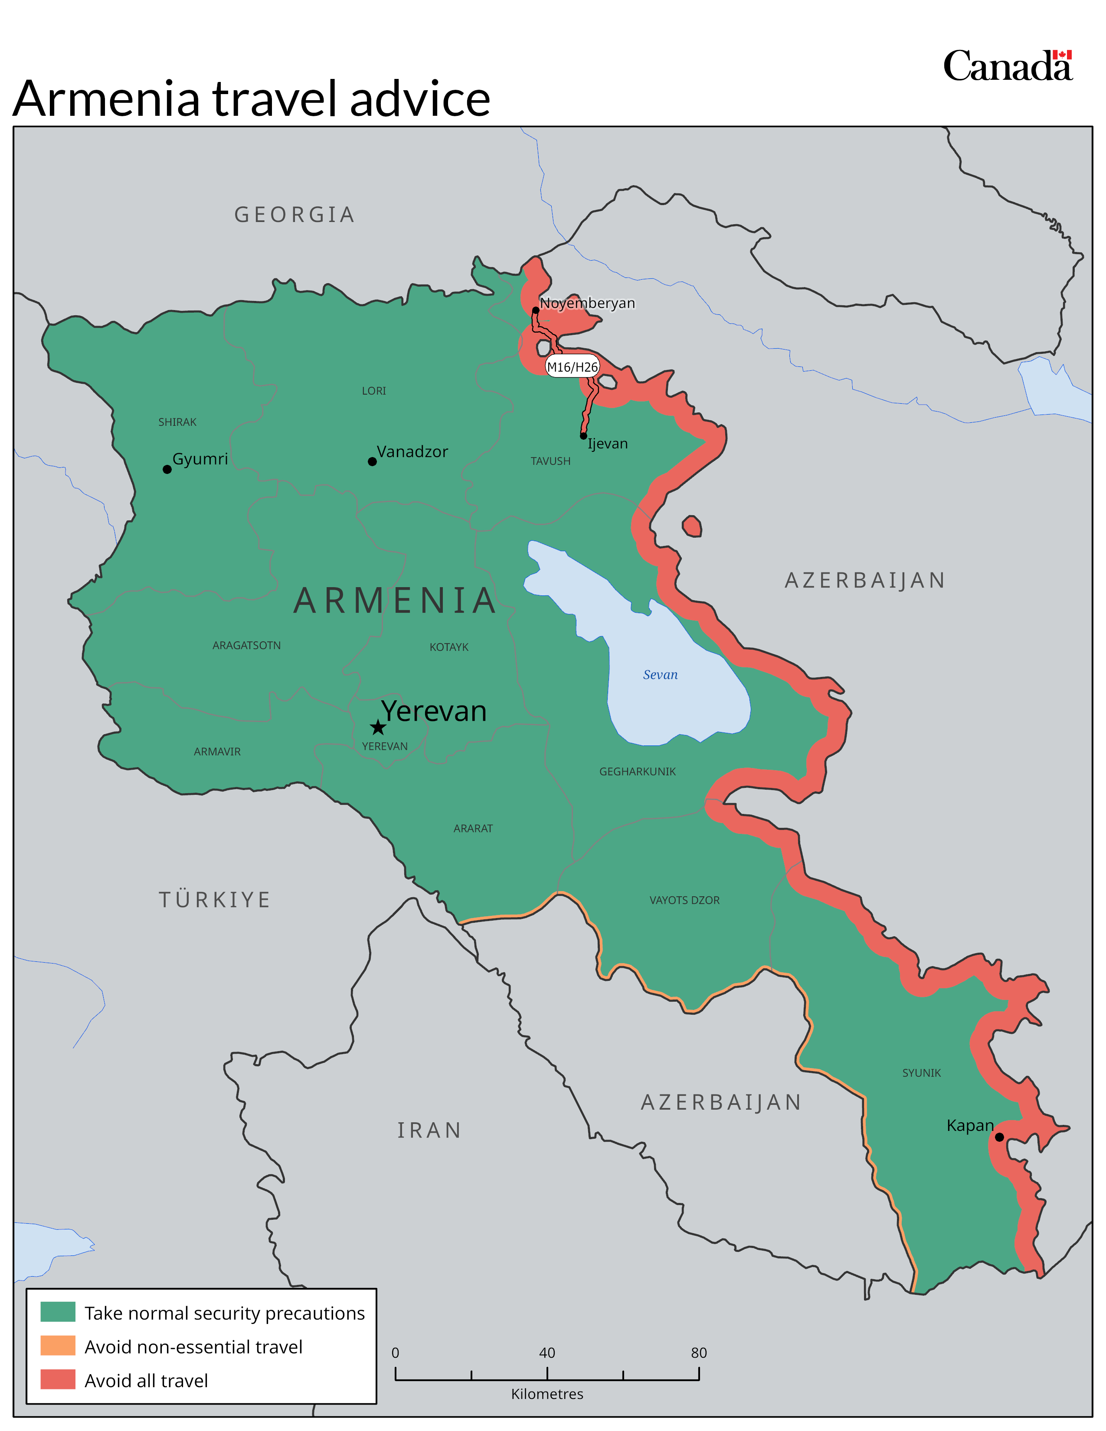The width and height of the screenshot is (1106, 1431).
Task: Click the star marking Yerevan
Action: [378, 727]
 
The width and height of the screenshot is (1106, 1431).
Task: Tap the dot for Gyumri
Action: [167, 469]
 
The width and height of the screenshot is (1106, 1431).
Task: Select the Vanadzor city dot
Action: [372, 461]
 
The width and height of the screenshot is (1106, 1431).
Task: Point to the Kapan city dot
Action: [999, 1137]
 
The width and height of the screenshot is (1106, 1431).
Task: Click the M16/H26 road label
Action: [573, 367]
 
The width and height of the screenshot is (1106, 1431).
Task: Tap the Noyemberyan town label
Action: [587, 303]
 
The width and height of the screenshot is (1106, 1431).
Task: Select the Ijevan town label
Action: [607, 444]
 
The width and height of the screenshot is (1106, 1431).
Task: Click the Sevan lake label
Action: [660, 675]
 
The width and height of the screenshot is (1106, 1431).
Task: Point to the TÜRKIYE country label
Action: [215, 900]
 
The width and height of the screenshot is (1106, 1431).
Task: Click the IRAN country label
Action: [429, 1130]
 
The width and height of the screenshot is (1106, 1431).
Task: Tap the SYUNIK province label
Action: [921, 1072]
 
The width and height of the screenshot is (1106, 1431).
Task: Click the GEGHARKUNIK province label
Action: [637, 771]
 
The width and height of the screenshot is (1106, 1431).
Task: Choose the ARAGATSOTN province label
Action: [246, 645]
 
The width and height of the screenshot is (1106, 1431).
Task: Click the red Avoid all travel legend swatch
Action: [58, 1379]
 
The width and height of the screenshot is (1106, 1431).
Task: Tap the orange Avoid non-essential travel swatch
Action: [58, 1346]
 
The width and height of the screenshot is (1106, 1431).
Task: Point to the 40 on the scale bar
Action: [547, 1353]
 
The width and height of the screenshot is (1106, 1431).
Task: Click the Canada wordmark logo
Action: [1007, 66]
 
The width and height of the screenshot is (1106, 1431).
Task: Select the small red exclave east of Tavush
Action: [692, 526]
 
